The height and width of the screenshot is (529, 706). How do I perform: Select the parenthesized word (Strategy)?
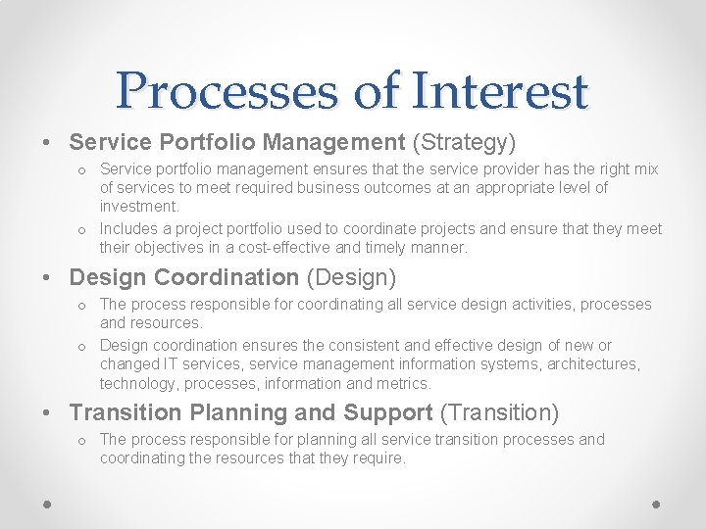click(464, 143)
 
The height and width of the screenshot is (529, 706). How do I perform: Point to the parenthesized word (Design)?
click(352, 278)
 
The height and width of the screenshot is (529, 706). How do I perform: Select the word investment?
click(139, 206)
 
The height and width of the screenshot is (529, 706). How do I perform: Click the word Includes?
click(129, 229)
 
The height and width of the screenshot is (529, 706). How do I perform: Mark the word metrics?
click(403, 383)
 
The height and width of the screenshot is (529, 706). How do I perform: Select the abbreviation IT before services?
click(171, 364)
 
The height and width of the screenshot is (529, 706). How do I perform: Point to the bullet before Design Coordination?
click(48, 279)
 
